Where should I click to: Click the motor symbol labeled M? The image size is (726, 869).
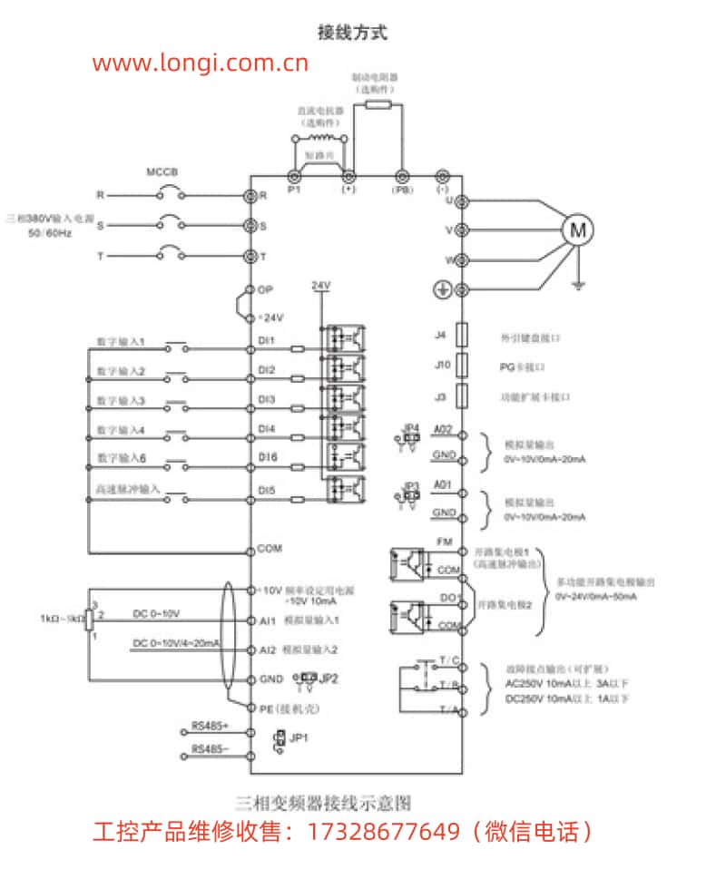coord(577,230)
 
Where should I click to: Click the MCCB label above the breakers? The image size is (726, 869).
coord(162,172)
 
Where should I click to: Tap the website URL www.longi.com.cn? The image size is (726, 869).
coord(201,63)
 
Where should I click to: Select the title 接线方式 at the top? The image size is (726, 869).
coord(352,33)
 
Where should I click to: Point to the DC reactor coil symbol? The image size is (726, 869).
coord(319,137)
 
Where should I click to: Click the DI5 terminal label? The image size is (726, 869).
coord(267,491)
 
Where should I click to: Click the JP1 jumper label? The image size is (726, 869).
coord(300,737)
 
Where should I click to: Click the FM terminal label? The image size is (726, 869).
coord(444,542)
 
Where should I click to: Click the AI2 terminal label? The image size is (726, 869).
coord(267,649)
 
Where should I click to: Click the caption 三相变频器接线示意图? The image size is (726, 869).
coord(323,803)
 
